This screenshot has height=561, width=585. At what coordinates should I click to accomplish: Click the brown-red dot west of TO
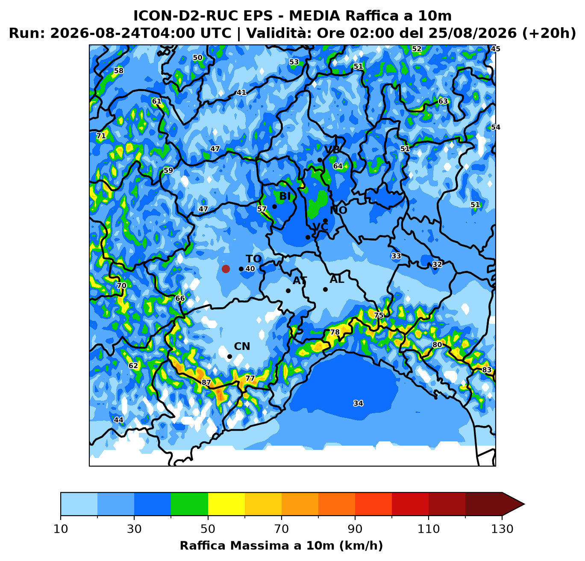coord(226,269)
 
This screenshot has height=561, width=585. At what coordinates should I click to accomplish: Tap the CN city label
coord(242,347)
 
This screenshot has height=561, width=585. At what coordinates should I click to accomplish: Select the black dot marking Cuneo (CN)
coord(229,357)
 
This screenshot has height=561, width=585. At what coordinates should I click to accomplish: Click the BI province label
coord(285,196)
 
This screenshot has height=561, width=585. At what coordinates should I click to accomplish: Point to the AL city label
coord(337,279)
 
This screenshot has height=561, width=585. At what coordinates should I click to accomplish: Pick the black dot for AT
coord(288,291)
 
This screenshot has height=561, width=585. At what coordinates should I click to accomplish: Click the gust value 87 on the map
coord(206,383)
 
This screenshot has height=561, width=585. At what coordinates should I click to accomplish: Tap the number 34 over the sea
coord(358,403)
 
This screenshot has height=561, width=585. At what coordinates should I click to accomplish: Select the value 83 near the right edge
coord(487,370)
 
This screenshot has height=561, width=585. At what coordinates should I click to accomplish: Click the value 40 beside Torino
coord(250,269)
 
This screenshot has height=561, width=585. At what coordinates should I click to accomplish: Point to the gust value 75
coord(379,315)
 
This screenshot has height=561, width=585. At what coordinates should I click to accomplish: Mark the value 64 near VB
coord(338,166)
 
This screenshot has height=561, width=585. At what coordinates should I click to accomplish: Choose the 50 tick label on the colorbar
coord(208,529)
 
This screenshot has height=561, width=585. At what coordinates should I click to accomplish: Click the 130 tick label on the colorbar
coord(502,529)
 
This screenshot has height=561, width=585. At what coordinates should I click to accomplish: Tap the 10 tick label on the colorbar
coord(61,529)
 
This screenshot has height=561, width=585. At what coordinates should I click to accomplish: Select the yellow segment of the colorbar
coord(226,504)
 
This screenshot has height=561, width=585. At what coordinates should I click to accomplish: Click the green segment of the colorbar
coord(189,504)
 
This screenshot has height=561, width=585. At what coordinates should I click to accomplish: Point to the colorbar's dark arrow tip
coord(524,504)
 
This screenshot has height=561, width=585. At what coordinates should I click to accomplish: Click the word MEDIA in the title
coord(315,16)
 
